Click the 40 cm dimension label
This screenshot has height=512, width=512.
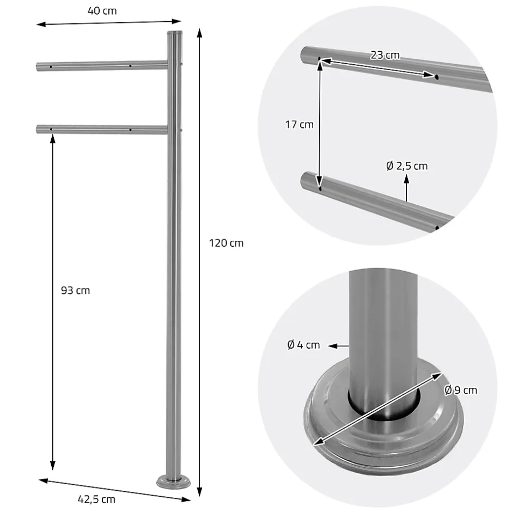tap(102, 11)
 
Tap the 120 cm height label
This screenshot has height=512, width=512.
tap(226, 243)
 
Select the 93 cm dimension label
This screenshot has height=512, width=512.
tap(75, 290)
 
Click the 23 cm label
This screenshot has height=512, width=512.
tap(385, 55)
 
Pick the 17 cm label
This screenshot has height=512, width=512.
tap(299, 124)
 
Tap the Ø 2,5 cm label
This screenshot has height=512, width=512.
tap(407, 166)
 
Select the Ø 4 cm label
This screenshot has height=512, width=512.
tap(303, 345)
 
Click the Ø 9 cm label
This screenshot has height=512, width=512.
tap(460, 389)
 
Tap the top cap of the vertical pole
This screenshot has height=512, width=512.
tap(174, 34)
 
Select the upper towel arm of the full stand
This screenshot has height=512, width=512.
tap(101, 66)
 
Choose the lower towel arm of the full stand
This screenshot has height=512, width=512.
tap(101, 129)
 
